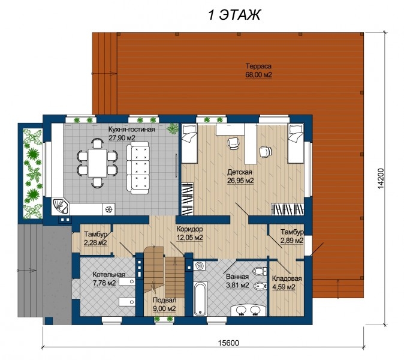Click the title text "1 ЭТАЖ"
point(234,14)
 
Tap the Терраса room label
point(258,66)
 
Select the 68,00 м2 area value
point(258,75)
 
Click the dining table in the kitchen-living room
point(97,163)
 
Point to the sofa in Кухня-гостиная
point(138,167)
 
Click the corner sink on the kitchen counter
point(61,206)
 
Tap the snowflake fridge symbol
point(109,209)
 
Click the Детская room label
point(240,172)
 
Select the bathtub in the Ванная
point(200,299)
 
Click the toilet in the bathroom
point(260,271)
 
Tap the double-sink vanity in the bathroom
point(248,310)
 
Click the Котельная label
point(108,274)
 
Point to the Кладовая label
point(287,279)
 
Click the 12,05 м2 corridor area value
point(189,238)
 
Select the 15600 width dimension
point(228,343)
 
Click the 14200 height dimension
point(381,178)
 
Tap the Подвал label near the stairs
point(164,300)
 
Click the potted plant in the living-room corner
point(172,128)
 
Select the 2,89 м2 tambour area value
point(292,241)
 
